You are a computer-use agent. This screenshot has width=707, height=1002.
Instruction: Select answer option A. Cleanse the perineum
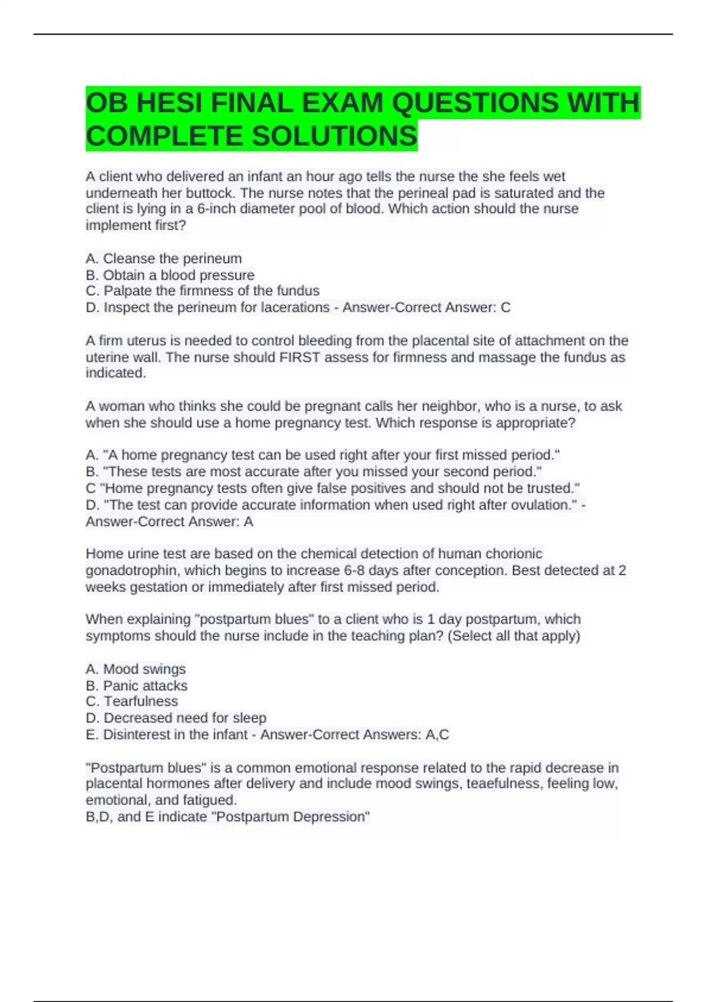tap(164, 259)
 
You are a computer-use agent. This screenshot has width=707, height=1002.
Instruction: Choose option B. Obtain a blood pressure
tap(170, 275)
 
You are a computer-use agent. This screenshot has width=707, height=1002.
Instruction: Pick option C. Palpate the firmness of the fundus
tap(203, 291)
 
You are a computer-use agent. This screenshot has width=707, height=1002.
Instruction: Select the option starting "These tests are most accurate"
tap(314, 472)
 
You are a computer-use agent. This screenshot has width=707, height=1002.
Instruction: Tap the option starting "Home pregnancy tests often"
tap(333, 488)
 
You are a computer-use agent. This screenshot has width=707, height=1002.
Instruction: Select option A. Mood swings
tap(136, 669)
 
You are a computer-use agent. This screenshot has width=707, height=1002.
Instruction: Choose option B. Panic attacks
tap(137, 685)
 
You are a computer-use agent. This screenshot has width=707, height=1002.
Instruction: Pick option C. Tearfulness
tap(132, 701)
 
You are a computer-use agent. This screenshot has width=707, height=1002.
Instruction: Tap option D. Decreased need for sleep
tap(176, 718)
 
